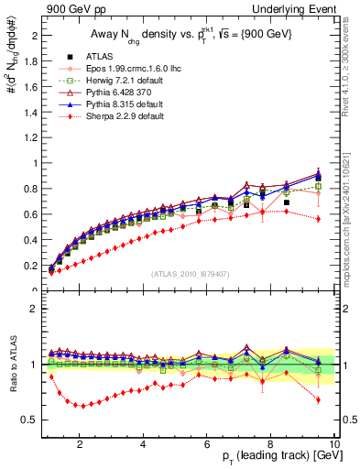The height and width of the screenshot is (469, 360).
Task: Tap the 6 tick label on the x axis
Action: [x=207, y=444]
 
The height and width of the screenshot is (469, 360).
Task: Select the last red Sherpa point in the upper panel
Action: [x=318, y=219]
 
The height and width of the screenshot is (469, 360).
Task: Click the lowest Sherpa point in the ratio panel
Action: [x=82, y=406]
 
